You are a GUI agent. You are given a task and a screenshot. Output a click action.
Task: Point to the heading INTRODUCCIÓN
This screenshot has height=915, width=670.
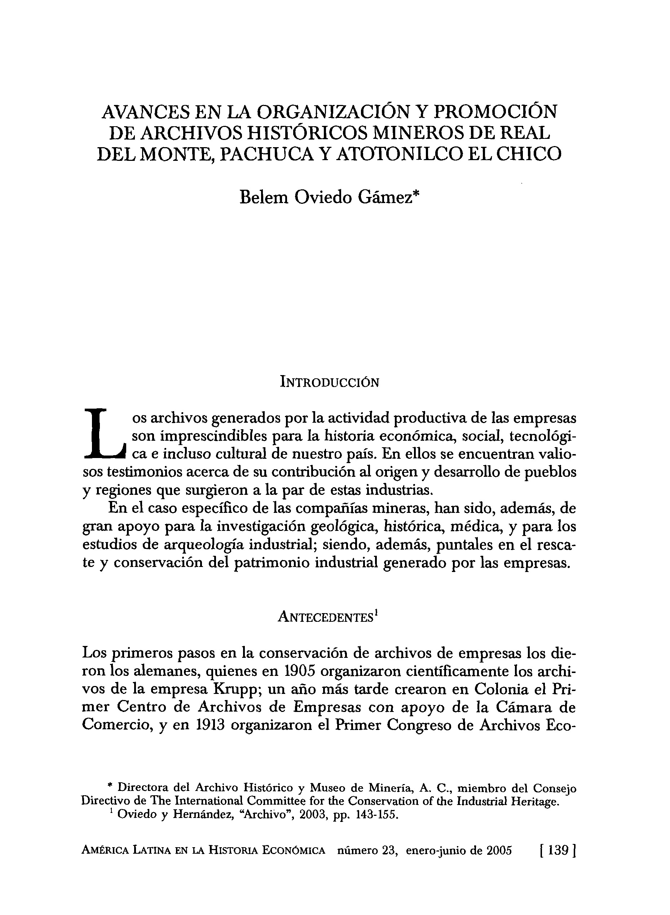pos(330,382)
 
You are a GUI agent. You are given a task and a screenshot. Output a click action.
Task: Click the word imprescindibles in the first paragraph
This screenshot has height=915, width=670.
pos(211,436)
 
